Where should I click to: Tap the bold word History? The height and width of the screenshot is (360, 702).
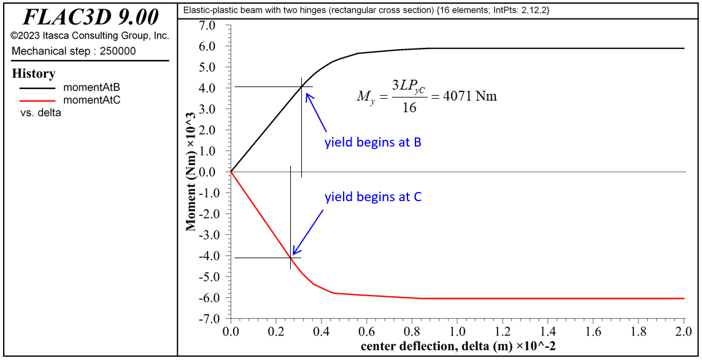coord(34,74)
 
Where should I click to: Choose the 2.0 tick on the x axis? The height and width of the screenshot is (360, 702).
coord(684,332)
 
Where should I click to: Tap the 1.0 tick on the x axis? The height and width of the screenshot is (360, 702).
coord(457,332)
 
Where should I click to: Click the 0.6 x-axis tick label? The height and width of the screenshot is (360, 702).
coord(366,332)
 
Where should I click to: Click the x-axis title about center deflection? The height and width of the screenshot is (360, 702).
coord(458,347)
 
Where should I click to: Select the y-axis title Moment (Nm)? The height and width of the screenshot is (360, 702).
coord(191,172)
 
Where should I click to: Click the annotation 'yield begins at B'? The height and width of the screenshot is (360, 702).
coord(372,143)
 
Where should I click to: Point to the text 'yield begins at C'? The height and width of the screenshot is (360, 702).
coord(372,197)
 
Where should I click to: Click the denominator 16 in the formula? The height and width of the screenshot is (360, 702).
coord(410,108)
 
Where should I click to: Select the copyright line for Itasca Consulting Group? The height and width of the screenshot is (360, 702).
coord(90,36)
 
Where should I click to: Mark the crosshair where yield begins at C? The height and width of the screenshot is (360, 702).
coord(291,258)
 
